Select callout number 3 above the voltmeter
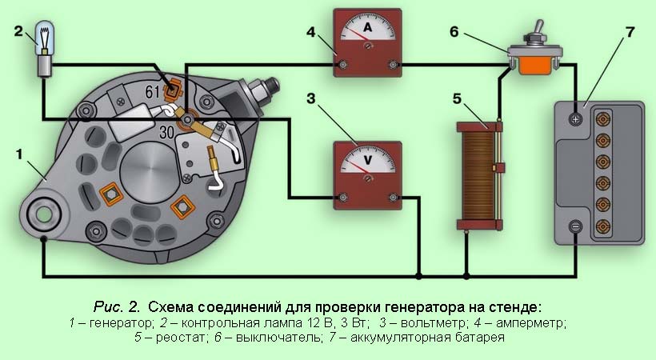(x=313, y=98)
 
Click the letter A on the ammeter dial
(x=367, y=28)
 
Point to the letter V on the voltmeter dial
(x=367, y=158)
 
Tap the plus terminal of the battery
(x=575, y=119)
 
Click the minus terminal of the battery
(x=575, y=227)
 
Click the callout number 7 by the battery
(x=630, y=32)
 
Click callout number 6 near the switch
(x=454, y=32)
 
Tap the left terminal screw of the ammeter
(x=343, y=65)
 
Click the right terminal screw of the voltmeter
(x=391, y=195)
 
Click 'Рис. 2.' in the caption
(x=116, y=306)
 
